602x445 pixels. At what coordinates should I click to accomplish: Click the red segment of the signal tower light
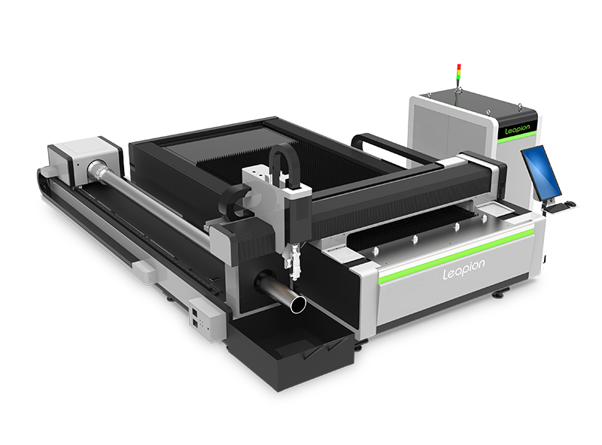pyautogui.click(x=459, y=66)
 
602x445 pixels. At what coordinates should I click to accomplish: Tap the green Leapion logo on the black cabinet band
pyautogui.click(x=517, y=129)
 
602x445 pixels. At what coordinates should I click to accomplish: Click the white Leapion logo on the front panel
pyautogui.click(x=464, y=269)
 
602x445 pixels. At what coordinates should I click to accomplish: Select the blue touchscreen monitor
pyautogui.click(x=541, y=173)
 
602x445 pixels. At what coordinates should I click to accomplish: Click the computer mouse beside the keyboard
pyautogui.click(x=571, y=203)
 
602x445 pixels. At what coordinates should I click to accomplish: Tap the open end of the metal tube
pyautogui.click(x=298, y=304)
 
